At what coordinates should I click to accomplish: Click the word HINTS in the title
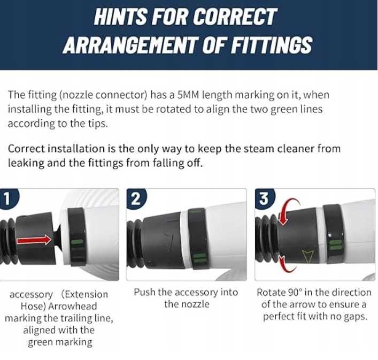120,17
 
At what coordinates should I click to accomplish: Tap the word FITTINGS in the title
272,45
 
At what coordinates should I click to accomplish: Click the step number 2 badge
136,198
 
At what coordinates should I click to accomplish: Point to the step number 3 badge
265,198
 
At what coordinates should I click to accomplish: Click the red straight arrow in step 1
34,240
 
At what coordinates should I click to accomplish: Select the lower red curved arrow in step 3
287,264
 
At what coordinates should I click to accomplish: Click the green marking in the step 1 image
78,242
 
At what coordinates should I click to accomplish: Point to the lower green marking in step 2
200,258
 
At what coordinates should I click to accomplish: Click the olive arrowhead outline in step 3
308,257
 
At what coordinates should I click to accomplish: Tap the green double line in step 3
336,245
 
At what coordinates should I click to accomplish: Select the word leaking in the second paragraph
26,163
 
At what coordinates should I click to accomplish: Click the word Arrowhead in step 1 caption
73,306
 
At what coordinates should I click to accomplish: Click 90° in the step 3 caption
295,293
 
